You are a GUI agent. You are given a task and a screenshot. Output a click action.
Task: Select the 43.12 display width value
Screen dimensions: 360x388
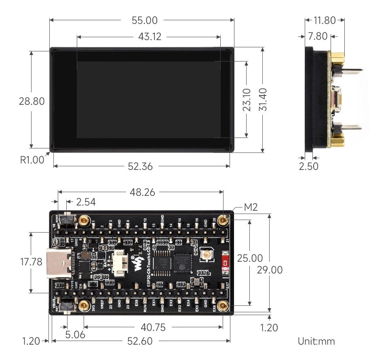pos(150,37)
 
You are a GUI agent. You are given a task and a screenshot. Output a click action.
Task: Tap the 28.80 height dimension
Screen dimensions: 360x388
pos(32,101)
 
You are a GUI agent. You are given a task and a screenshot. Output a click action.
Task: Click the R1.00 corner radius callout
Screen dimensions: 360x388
pos(32,160)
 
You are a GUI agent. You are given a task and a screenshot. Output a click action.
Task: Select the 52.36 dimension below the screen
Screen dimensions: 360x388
pos(140,166)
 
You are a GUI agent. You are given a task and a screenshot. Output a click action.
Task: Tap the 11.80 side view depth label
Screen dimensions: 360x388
pos(325,20)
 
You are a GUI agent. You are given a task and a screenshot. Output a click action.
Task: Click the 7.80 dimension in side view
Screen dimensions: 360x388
pos(317,36)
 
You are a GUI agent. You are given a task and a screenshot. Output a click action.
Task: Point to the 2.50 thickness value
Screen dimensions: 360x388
pos(308,166)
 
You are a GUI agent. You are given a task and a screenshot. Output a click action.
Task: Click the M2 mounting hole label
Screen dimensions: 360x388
pos(251,208)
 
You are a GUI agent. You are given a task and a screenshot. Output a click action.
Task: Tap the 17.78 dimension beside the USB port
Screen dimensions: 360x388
pos(31,262)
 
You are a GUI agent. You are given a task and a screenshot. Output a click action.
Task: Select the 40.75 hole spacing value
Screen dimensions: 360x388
pos(153,327)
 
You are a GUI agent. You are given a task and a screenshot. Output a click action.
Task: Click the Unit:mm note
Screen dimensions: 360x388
pos(316,341)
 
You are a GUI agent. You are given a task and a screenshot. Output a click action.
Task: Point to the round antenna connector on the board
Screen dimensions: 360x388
pos(206,256)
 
